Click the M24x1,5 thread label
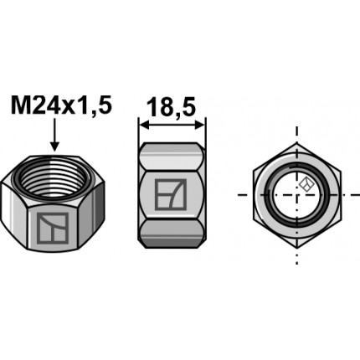[x=59, y=106]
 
